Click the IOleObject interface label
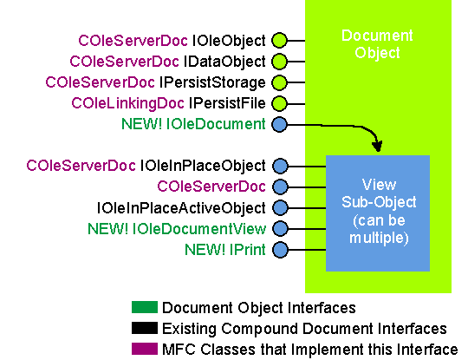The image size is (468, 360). point(229,41)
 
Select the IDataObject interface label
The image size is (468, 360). point(224,62)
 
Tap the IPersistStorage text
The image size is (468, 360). point(212,82)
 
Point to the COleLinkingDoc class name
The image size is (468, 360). point(127,104)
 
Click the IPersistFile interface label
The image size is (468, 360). point(227,103)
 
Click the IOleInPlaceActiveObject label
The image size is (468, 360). point(181,208)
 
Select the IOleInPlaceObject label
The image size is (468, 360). point(203,166)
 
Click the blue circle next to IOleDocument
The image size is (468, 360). point(279,124)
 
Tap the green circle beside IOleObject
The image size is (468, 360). point(279,40)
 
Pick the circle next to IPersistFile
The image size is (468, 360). point(279,103)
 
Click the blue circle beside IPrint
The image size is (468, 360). point(280,250)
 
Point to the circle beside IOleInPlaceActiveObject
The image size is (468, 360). point(280,207)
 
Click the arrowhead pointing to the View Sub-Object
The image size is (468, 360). point(377,147)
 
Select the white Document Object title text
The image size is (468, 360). point(377,44)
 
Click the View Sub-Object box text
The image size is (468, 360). point(379,212)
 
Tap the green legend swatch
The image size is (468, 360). point(145,307)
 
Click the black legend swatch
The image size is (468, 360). point(145,328)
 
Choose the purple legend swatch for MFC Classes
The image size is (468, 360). point(145,349)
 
